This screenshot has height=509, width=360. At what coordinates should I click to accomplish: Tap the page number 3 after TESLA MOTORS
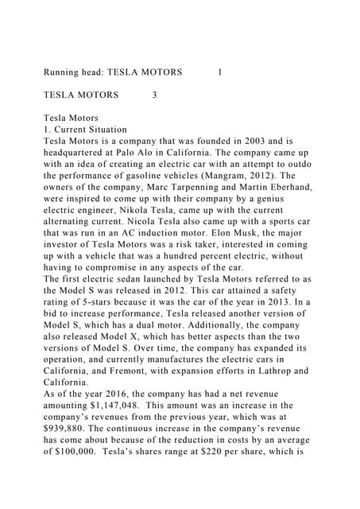[x=153, y=95]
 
